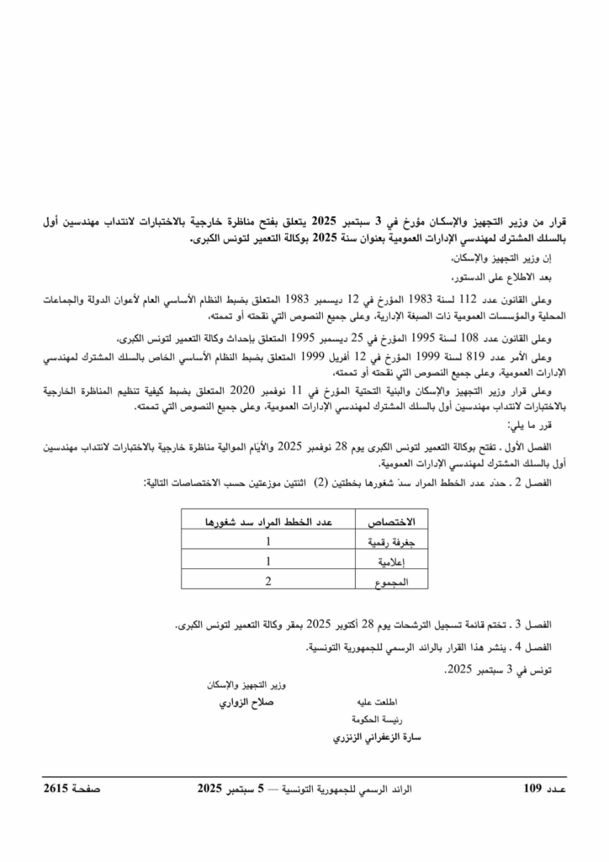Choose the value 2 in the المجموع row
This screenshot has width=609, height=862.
pyautogui.click(x=267, y=580)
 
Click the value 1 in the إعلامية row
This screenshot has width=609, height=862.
pyautogui.click(x=267, y=561)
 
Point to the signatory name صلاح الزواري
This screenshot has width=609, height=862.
pyautogui.click(x=247, y=701)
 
